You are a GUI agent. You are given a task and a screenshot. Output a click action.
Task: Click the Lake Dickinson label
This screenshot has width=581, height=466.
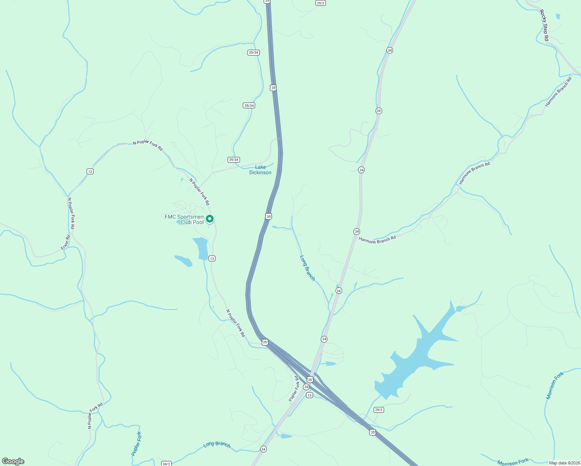(x=260, y=170)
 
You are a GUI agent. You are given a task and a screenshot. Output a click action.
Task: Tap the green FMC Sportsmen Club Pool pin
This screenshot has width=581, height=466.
(x=210, y=219)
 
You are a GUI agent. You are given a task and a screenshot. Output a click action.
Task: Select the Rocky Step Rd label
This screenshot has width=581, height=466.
(x=544, y=25)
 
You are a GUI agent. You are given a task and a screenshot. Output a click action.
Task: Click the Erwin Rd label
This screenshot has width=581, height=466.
(x=65, y=242)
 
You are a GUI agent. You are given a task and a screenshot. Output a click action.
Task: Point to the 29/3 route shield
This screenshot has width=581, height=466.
(x=320, y=3)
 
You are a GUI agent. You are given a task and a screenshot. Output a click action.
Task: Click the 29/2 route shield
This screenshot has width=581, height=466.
(x=379, y=410)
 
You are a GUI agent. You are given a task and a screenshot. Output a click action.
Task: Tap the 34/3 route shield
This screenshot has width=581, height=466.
(x=166, y=464)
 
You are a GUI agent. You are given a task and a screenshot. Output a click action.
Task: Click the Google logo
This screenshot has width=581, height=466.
(x=13, y=461)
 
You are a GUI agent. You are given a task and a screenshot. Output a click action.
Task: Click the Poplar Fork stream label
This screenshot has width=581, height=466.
(x=136, y=443)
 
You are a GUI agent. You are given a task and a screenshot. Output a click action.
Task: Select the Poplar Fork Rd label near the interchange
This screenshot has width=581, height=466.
(x=294, y=388)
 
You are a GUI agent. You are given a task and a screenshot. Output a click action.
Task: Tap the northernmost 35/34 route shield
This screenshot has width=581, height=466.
(x=253, y=52)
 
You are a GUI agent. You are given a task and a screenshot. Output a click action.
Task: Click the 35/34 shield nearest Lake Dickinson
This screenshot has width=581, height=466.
(x=234, y=160)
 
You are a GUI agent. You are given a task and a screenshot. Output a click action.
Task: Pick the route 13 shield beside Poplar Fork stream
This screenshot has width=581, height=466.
(x=90, y=171)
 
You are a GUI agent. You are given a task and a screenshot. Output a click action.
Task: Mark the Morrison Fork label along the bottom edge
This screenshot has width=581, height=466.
(x=513, y=462)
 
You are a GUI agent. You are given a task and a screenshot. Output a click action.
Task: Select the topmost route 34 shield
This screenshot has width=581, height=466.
(x=390, y=50)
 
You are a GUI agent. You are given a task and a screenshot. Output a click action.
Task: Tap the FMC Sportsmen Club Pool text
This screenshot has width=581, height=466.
(x=184, y=219)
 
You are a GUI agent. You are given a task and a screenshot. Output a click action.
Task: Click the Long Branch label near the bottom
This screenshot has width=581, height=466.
(x=217, y=444)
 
